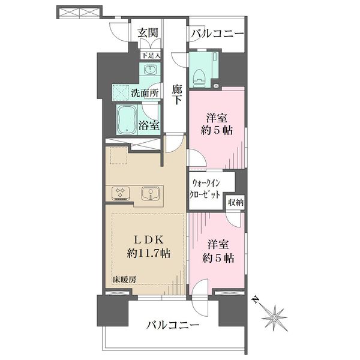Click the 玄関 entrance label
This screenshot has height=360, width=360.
(x=148, y=33)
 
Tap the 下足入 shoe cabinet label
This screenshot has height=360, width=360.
(x=151, y=55)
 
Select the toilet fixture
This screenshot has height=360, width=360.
(x=199, y=77)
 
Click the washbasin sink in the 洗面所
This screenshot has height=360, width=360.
(x=151, y=69)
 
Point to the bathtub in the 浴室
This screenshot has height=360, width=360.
(x=127, y=119)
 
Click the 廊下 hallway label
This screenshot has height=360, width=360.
(x=177, y=95)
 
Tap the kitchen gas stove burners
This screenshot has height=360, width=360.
(x=121, y=193)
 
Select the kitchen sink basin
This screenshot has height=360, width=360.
(x=150, y=193)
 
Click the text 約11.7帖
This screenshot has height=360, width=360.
(x=149, y=253)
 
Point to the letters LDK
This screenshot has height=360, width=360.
(x=149, y=240)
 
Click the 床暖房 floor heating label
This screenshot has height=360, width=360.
(x=124, y=280)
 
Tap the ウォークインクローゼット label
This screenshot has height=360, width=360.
(x=204, y=189)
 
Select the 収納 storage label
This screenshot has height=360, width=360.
(x=236, y=203)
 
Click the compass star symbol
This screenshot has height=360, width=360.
(x=275, y=318)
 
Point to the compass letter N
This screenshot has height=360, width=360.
(x=255, y=299)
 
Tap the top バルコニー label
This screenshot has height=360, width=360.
(x=217, y=34)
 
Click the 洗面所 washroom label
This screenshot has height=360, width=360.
(x=145, y=93)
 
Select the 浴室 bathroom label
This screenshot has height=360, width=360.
(x=149, y=125)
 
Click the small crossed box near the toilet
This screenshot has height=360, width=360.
(x=216, y=86)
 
